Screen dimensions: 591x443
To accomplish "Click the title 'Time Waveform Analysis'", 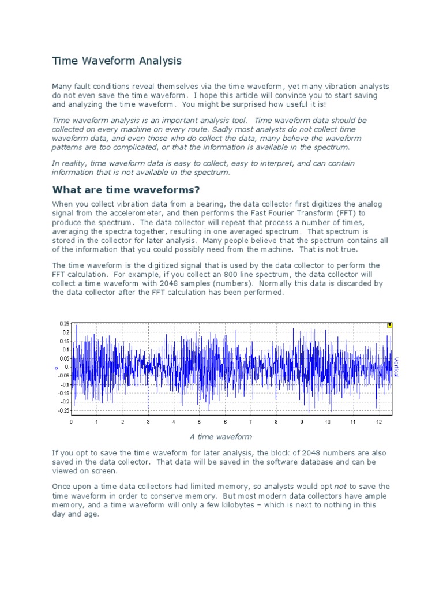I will coord(117,61).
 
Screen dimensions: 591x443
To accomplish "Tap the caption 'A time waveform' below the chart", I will coord(221,437).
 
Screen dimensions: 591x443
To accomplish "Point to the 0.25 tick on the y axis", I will coord(63,324).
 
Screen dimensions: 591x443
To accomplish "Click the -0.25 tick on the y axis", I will coord(62,410).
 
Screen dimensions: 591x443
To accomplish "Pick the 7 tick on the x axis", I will coord(250,422).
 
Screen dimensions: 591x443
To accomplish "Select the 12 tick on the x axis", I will coord(378,422).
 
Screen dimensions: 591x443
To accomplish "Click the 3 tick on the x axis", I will coord(148,422).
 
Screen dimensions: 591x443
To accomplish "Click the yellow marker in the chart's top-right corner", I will coord(389,326).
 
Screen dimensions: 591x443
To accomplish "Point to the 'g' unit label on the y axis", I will coord(56,366).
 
